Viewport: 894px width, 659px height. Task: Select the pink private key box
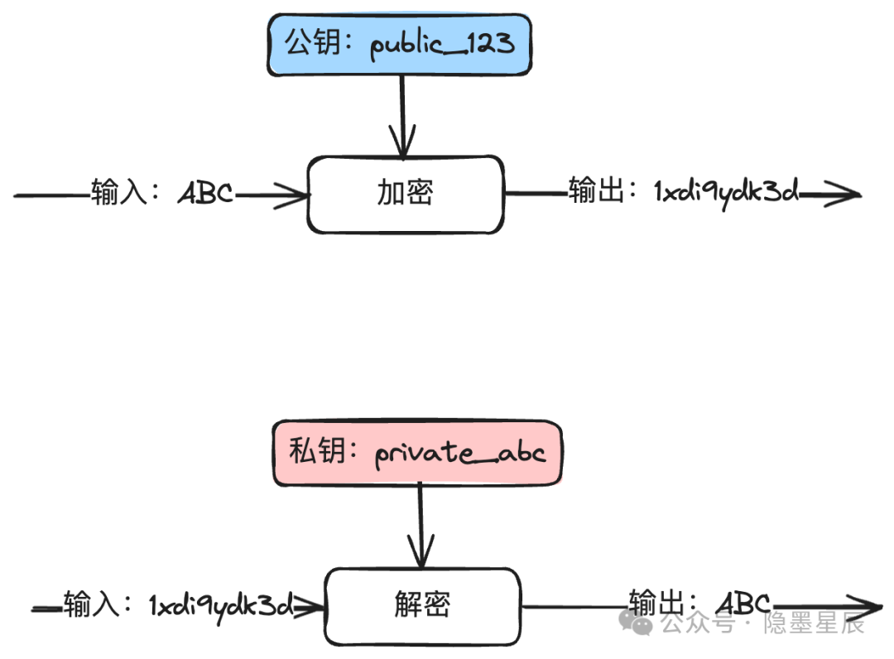(417, 453)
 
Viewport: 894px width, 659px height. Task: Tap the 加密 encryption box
(406, 194)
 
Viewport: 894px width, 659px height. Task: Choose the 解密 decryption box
(422, 605)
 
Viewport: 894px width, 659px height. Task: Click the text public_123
(442, 45)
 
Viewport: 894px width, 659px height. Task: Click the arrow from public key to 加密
(402, 116)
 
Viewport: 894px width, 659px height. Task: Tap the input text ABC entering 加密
(206, 195)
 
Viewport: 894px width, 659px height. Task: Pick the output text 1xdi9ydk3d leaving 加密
(727, 193)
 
